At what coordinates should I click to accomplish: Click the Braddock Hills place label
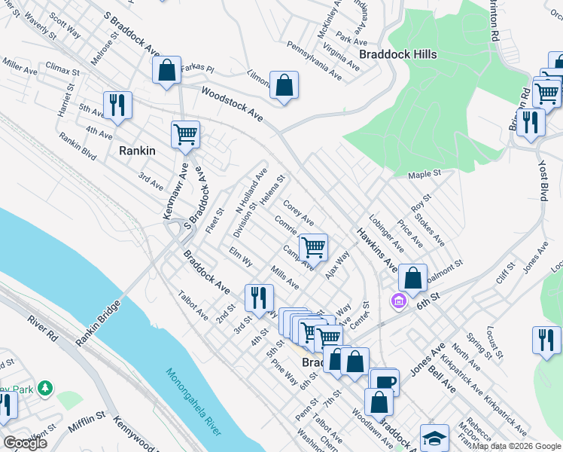coord(397,54)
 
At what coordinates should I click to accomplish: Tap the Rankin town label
coord(137,150)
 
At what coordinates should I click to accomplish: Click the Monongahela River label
coord(193,402)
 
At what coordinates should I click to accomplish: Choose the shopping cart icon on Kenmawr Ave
coord(185,135)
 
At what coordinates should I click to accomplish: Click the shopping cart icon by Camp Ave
coord(314,246)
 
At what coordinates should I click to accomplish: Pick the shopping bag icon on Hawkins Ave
coord(412,277)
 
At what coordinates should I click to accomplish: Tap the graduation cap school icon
coord(434,438)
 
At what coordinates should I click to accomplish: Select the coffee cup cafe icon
coord(385,382)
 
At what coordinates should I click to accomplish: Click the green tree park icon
coord(46,387)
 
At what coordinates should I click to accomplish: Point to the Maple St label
coord(425,174)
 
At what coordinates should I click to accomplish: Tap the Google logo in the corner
coord(25,443)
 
